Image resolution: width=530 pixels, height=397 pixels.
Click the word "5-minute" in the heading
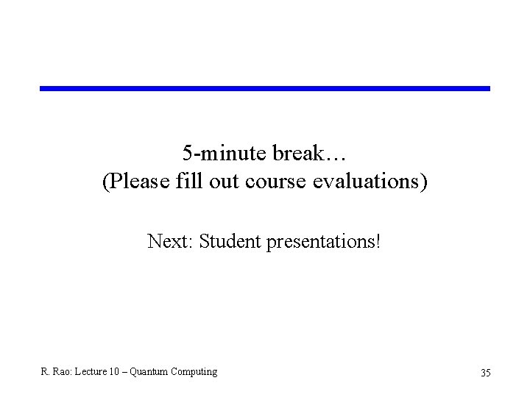coord(225,154)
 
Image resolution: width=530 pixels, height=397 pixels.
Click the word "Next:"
coord(170,240)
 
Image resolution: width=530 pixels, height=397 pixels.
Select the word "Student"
coord(228,240)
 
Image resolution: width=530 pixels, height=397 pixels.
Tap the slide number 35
coord(485,373)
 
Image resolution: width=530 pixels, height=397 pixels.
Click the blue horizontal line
coord(265,88)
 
